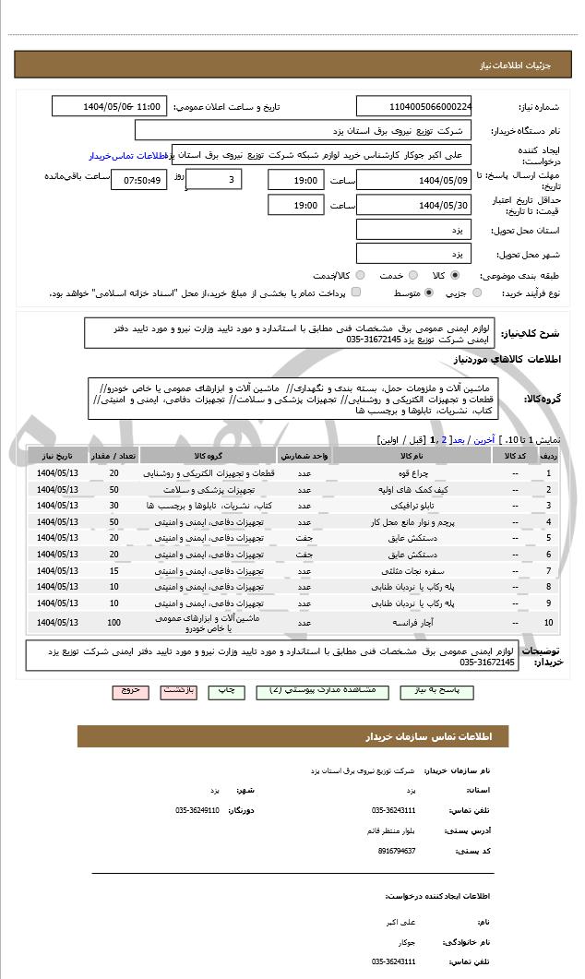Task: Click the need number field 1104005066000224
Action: [x=414, y=107]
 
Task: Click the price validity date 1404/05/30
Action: [x=414, y=205]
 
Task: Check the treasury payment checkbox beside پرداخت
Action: [x=356, y=293]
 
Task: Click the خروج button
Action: [x=129, y=690]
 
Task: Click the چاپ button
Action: [x=225, y=690]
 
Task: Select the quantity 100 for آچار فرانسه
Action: [x=113, y=623]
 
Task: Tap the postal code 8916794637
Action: [x=398, y=851]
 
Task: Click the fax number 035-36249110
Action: [x=197, y=810]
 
